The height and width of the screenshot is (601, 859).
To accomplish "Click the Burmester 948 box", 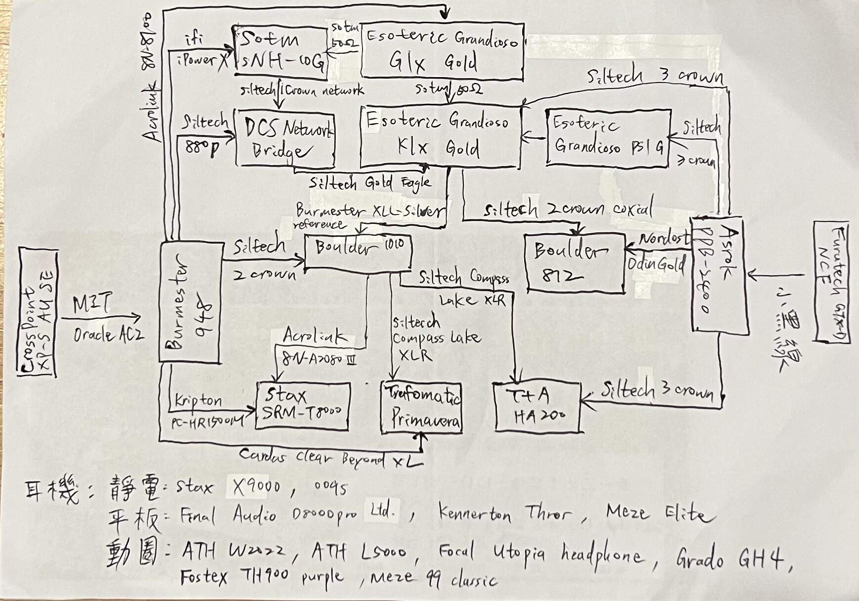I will (x=189, y=302).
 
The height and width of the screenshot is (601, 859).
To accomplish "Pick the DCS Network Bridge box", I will (x=285, y=139).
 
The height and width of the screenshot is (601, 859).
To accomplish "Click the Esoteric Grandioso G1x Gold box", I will (x=442, y=50).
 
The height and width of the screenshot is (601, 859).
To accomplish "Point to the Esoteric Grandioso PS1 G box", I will (x=608, y=136).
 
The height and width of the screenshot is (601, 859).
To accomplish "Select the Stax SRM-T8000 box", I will (x=303, y=405).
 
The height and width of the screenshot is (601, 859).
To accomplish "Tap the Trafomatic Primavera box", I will (x=421, y=408).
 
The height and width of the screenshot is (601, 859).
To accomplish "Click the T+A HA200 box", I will (x=537, y=407).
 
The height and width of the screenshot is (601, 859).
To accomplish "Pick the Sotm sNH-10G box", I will (x=280, y=51).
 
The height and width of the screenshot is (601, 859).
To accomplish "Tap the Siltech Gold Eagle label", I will (x=369, y=183).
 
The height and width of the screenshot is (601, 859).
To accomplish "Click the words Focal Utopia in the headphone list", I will (x=490, y=552).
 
